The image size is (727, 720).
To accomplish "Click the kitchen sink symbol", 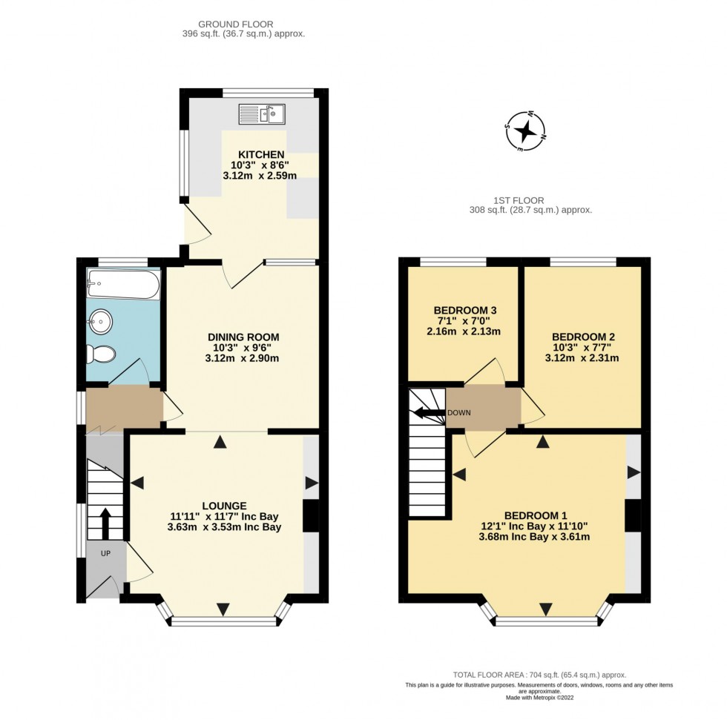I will [262, 114].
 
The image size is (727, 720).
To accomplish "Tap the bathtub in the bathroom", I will [123, 284].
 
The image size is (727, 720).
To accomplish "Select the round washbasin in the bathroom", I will [99, 321].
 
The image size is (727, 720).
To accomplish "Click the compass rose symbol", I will [525, 131].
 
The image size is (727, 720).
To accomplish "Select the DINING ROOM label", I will [243, 337].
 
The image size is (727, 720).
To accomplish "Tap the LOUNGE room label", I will [218, 505].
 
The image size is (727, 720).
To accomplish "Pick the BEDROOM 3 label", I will [465, 310].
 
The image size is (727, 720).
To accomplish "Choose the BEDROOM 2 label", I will [582, 336].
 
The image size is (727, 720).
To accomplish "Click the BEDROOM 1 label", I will [535, 515].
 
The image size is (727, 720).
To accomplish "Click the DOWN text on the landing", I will [458, 412].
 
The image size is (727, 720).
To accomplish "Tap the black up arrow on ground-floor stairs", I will [105, 523].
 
